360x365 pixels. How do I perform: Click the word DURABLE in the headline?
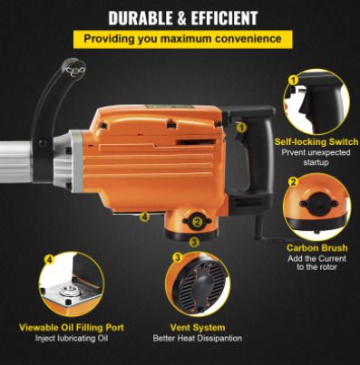coord(141,18)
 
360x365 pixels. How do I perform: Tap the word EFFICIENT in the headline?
coord(224,18)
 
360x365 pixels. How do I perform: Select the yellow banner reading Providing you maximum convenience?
coord(183,39)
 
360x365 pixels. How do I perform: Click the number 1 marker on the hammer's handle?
coord(241,128)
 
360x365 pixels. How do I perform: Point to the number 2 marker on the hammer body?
coord(197,222)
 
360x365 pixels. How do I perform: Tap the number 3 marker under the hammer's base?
coord(194,242)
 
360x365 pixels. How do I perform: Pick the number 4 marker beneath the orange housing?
coord(145,216)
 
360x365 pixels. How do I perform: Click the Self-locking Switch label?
coord(316,142)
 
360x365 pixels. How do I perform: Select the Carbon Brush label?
coord(317,248)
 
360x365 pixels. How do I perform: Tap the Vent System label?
coord(198,328)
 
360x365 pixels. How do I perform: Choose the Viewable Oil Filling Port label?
coord(72,328)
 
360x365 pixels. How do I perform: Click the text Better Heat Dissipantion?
coord(198,338)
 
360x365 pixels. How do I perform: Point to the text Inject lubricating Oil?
coord(72,338)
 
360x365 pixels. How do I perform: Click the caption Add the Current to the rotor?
coord(316,263)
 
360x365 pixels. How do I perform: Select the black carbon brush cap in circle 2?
coord(316,203)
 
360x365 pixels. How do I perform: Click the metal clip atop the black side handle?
coord(74,72)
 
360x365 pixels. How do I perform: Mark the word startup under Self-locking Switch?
coord(316,162)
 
